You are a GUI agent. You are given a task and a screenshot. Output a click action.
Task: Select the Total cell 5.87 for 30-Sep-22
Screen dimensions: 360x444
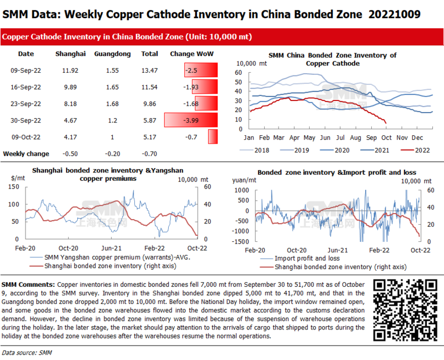[x=150, y=120]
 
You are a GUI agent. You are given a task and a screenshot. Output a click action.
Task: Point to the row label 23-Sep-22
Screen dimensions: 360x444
[x=26, y=104]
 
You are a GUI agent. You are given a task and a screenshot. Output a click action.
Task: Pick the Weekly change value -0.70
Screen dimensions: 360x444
[x=150, y=154]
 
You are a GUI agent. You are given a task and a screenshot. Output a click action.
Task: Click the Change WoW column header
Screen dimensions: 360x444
[x=191, y=54]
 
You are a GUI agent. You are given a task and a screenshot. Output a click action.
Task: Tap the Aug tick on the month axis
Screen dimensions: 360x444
[x=355, y=136]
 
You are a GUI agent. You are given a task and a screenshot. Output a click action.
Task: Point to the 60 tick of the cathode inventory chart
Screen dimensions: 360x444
[x=239, y=72]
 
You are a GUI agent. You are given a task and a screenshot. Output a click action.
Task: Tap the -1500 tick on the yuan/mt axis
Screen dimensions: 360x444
[x=240, y=242]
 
